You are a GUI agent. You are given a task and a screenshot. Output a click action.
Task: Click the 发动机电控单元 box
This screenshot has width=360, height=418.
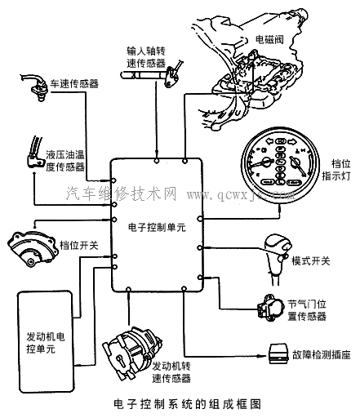[x=47, y=341]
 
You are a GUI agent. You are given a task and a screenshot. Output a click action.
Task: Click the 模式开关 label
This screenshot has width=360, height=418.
[x=311, y=260]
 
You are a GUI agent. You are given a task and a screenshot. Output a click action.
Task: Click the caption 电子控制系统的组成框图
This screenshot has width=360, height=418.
[x=179, y=404]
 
